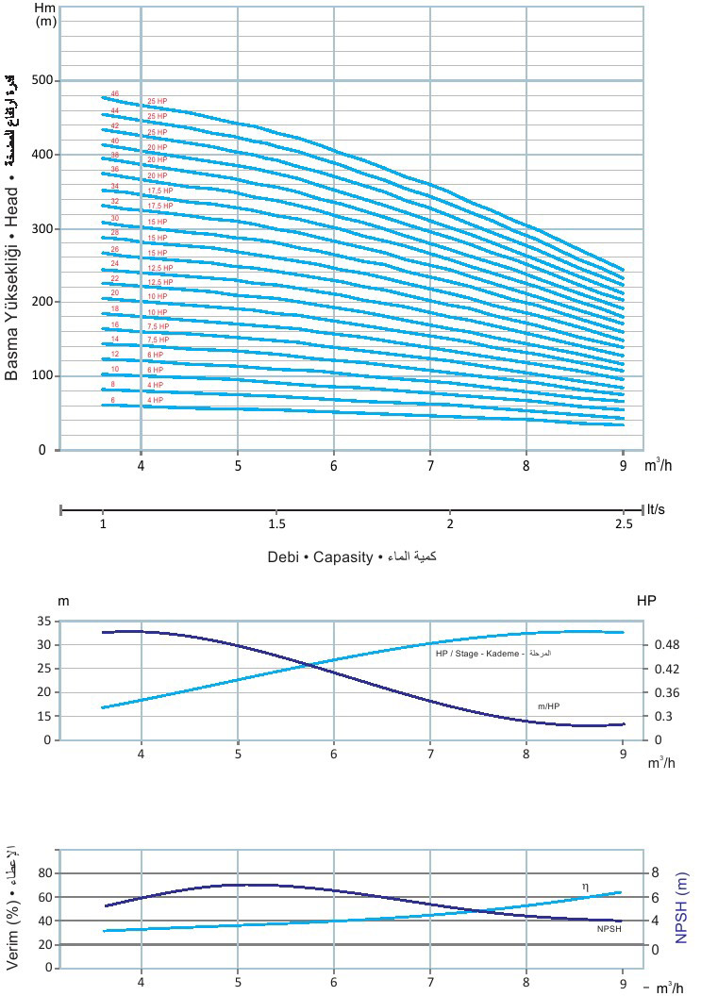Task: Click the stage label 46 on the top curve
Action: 115,93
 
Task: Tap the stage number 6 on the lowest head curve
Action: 113,400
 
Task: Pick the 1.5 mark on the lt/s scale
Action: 277,523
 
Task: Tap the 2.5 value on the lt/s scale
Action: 624,523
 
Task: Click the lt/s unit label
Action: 655,509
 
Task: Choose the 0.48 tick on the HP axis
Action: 667,645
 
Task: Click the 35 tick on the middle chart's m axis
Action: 43,622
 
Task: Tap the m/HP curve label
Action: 549,705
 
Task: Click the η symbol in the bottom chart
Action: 585,886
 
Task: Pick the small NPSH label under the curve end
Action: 609,929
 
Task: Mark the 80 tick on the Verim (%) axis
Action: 43,873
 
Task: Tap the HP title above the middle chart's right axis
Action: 646,601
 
